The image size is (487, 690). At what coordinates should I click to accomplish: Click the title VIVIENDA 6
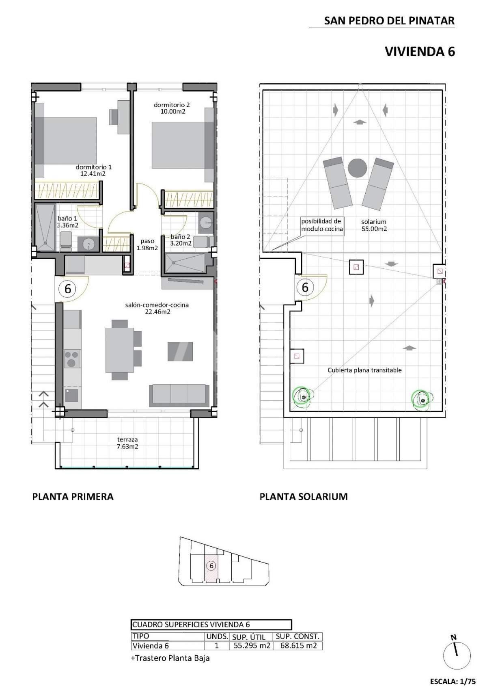tap(420, 52)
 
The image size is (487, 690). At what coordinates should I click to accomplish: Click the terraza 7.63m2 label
tap(127, 443)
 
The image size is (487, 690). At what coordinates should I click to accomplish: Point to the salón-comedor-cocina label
tap(157, 305)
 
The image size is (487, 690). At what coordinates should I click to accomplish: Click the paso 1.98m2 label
tap(147, 244)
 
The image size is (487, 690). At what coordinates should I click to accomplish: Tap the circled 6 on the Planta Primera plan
tap(67, 289)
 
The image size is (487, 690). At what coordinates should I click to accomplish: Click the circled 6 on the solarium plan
tap(305, 287)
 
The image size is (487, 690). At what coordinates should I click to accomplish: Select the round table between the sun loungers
tap(358, 168)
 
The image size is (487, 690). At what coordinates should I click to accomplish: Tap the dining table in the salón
tap(120, 350)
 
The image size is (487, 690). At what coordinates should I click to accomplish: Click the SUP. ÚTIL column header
tap(249, 637)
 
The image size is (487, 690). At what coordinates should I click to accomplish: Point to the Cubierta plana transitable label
tap(364, 370)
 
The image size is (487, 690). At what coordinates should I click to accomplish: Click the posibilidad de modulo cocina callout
tap(322, 225)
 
